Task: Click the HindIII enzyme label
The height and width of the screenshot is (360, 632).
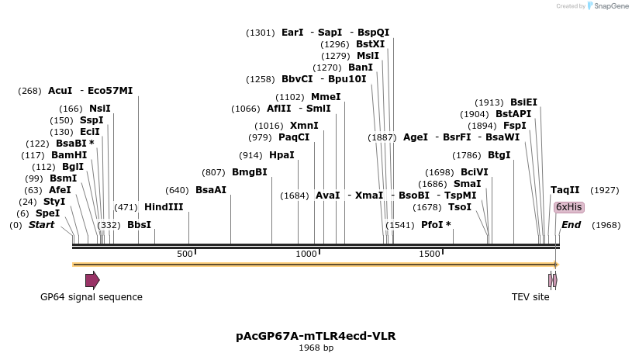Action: (x=164, y=207)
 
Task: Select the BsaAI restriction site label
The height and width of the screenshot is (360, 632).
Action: (x=211, y=189)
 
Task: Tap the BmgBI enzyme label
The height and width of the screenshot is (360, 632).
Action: (x=249, y=171)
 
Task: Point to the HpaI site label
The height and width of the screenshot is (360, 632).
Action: (x=281, y=154)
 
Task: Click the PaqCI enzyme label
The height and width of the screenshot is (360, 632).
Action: (x=294, y=137)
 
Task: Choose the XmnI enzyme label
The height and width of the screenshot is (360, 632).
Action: (x=304, y=126)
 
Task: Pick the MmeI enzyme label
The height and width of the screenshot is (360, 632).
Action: (x=326, y=96)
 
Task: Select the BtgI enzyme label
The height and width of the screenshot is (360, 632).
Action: (x=499, y=154)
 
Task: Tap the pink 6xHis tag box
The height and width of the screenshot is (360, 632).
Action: (x=568, y=207)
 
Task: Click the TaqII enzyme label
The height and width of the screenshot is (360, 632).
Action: (x=565, y=189)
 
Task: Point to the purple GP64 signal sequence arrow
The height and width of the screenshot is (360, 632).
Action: (x=92, y=280)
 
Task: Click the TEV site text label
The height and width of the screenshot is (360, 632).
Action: (x=530, y=297)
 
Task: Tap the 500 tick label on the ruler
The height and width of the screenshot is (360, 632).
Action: (x=185, y=254)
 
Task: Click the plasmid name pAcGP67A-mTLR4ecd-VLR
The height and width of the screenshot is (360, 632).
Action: (x=316, y=336)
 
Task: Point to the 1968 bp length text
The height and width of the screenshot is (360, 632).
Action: (x=316, y=348)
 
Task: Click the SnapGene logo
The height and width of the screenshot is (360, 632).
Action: (x=608, y=5)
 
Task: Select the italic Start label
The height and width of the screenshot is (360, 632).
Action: (x=42, y=225)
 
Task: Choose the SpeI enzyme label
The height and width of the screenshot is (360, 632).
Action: (x=47, y=213)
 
